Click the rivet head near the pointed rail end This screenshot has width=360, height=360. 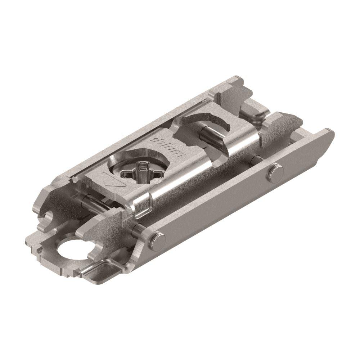275,171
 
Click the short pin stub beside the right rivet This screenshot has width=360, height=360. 256,158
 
